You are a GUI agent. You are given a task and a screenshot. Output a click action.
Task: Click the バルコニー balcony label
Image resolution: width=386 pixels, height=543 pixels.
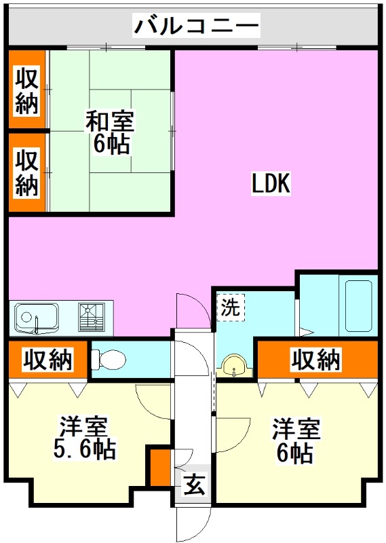(195, 26)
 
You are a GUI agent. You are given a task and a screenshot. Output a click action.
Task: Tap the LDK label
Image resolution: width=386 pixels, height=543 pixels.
(271, 183)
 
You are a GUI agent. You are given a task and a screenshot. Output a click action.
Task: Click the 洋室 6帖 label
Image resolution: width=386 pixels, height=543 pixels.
(296, 440)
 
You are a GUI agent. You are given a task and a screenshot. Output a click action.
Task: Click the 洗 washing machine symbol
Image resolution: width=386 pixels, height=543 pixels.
(229, 307)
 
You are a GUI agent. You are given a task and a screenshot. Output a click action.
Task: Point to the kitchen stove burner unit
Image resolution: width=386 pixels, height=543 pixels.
(91, 317)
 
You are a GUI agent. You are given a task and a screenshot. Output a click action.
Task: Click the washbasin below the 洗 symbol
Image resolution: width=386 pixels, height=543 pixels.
(235, 366)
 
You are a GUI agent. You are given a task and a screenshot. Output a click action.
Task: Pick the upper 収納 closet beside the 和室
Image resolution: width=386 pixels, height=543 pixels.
(27, 90)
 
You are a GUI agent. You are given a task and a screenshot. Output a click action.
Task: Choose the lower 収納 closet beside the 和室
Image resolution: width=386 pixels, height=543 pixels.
(27, 173)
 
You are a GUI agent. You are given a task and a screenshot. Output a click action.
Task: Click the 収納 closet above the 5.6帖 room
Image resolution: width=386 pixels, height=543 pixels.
(47, 360)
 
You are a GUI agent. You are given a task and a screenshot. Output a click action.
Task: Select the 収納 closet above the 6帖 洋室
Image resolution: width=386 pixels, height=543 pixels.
(316, 360)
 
